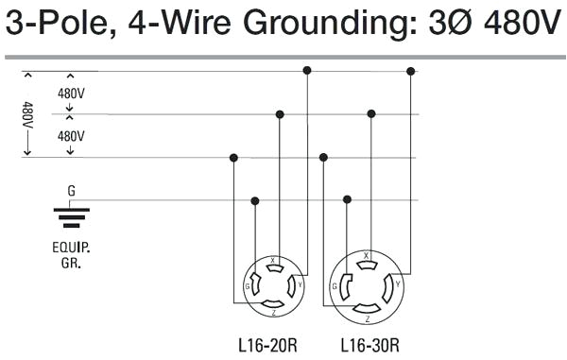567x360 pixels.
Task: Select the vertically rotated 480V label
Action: click(28, 116)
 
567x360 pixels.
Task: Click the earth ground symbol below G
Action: click(71, 218)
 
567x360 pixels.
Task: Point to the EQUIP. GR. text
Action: click(71, 256)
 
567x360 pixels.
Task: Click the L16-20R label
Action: click(268, 345)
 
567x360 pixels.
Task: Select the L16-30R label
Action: click(368, 345)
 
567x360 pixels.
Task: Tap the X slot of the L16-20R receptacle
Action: click(274, 267)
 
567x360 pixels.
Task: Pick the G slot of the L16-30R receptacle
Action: click(344, 285)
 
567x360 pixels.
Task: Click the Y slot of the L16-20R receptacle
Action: click(293, 284)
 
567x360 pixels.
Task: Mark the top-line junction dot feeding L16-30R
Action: click(411, 71)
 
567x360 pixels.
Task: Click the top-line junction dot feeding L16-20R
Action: click(307, 71)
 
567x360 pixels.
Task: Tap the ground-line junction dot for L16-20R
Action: click(255, 200)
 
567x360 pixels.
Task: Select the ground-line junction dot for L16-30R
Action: click(348, 199)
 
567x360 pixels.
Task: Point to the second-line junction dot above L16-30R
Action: click(371, 113)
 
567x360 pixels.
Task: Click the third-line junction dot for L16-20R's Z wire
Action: click(233, 157)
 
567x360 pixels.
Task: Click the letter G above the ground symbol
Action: click(71, 191)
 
